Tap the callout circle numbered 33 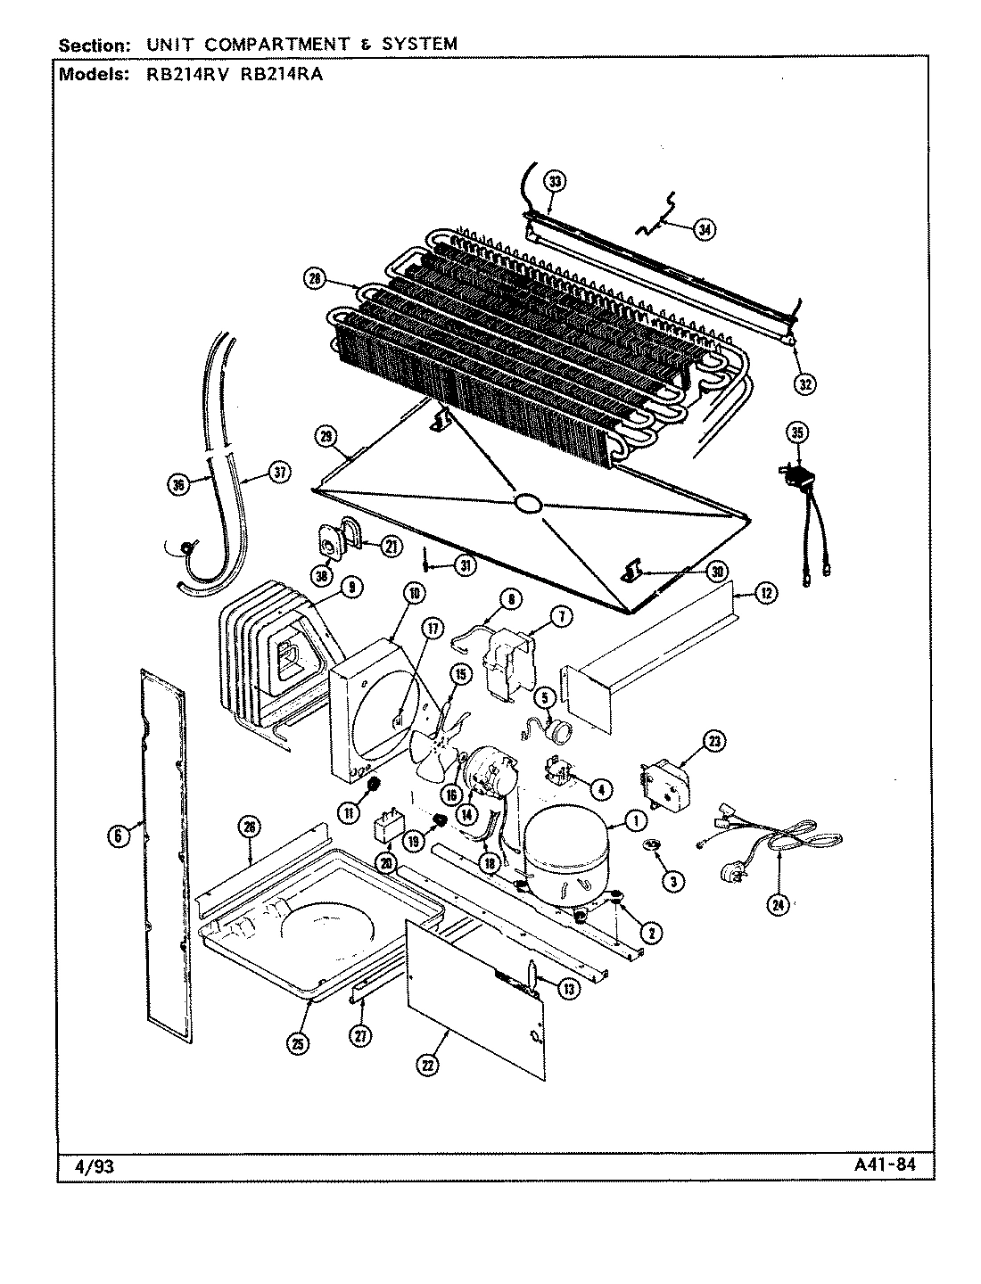pos(555,183)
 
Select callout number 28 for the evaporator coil pos(314,280)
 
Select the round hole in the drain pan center pos(528,504)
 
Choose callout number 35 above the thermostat pos(796,433)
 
